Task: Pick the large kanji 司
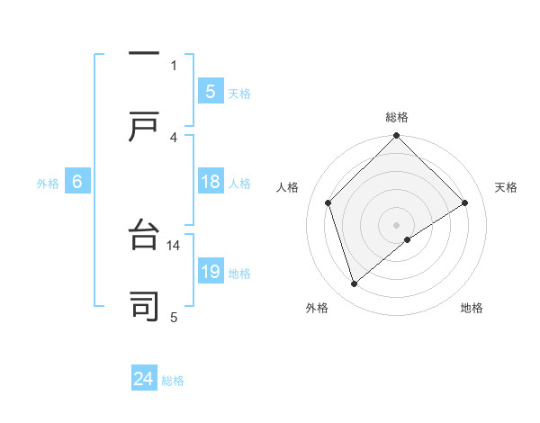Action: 144,306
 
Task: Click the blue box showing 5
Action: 210,91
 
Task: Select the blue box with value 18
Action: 210,182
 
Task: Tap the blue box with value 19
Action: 210,272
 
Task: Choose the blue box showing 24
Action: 144,379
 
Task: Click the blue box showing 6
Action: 77,182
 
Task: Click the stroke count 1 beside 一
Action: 174,65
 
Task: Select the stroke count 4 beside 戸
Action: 174,137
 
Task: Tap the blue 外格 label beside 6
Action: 48,183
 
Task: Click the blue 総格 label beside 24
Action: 173,380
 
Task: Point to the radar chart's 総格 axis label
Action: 396,117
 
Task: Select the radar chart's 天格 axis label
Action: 507,187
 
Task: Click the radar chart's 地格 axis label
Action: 472,309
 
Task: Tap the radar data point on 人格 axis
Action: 328,202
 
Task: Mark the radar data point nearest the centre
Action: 408,239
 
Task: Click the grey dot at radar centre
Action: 396,224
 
